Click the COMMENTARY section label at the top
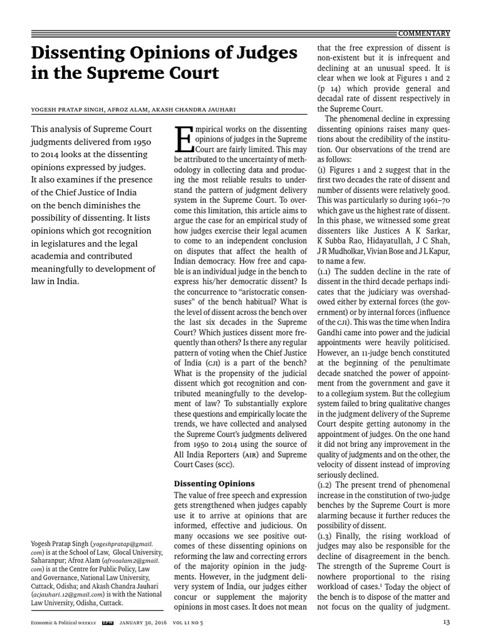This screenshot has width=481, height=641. click(425, 33)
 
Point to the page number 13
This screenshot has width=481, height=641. click(446, 622)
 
